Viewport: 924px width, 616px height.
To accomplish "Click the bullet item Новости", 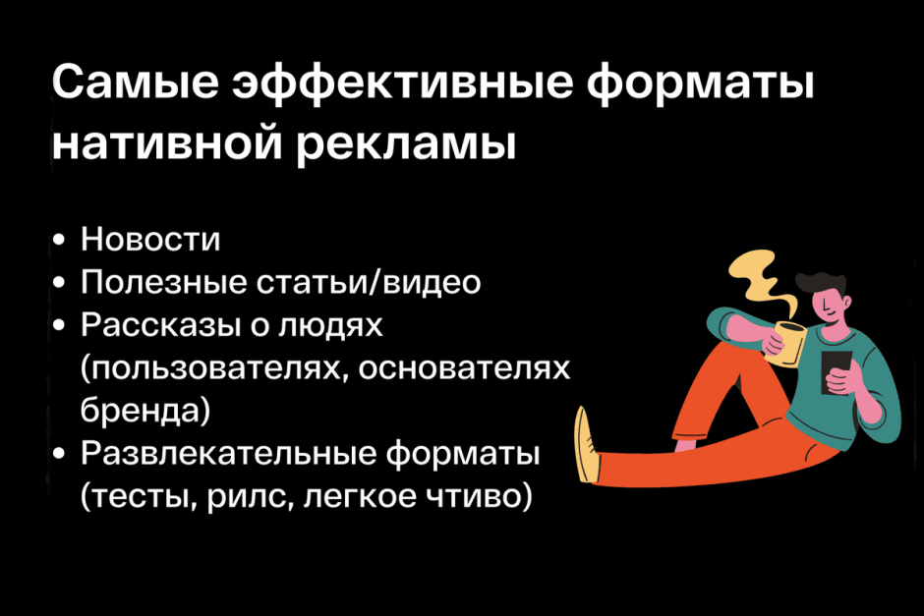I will coord(150,240).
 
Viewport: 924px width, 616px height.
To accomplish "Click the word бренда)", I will coord(145,410).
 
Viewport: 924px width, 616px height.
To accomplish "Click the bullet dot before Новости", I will coord(62,241).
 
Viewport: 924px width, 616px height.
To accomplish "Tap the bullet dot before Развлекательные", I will coord(62,455).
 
